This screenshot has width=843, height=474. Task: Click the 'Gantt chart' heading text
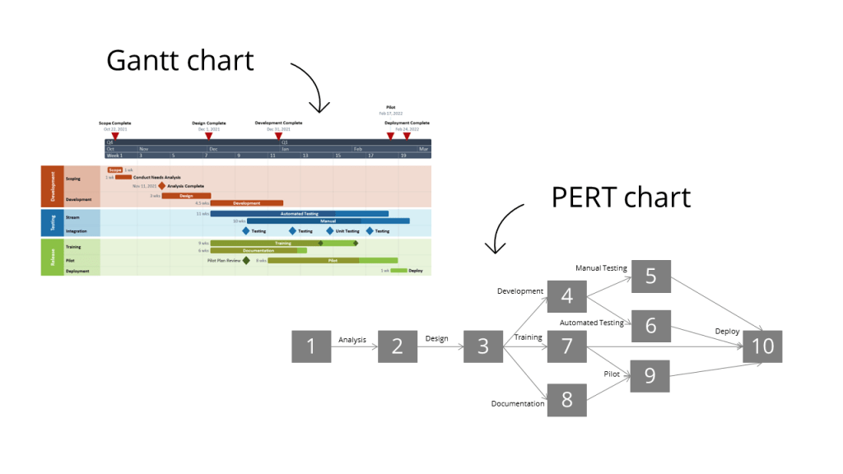[180, 60]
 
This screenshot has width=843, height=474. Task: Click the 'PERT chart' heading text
[621, 197]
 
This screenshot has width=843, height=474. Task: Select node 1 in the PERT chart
[311, 346]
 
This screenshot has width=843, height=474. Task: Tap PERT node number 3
[482, 346]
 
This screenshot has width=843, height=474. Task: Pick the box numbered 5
[651, 276]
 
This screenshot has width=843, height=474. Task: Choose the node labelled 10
[763, 346]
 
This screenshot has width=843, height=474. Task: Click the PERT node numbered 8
[566, 399]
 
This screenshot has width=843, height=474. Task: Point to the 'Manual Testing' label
[601, 268]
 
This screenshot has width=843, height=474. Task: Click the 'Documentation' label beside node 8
[518, 403]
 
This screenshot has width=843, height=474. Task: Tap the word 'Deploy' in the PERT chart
[727, 332]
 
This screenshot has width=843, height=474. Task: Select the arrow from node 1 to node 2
[354, 347]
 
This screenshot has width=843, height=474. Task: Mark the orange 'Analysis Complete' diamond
[162, 186]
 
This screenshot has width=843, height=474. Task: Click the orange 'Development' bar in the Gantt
[247, 202]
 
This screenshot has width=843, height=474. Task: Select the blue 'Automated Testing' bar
[299, 214]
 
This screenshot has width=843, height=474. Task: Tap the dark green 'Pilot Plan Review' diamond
[246, 260]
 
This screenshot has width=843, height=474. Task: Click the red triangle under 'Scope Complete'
[115, 136]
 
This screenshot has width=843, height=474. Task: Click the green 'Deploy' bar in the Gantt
[398, 270]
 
